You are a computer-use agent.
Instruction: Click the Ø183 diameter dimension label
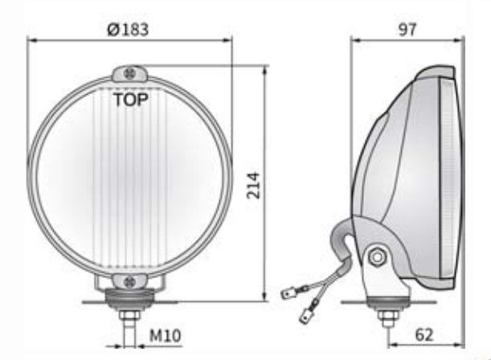coord(128,30)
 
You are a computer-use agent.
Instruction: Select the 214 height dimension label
coord(253,186)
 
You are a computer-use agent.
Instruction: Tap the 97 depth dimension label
coord(407,30)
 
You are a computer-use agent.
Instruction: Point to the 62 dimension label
coord(424,335)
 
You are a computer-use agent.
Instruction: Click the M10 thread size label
coord(165,336)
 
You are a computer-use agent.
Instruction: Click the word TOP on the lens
coord(131,100)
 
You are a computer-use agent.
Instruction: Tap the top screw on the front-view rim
coord(129,74)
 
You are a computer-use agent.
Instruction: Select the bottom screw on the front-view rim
coord(129,282)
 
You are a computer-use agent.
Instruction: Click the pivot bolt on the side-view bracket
coord(378,257)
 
